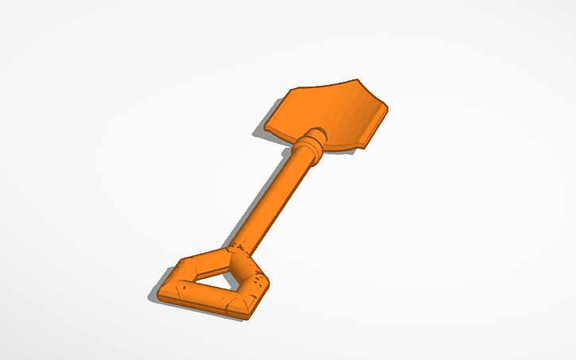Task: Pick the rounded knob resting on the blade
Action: click(316, 136)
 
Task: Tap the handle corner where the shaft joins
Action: click(238, 256)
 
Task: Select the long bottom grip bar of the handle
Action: click(203, 297)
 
